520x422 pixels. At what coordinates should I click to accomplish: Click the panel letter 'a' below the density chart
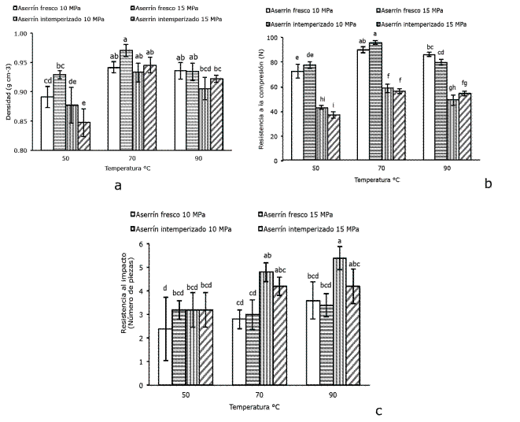tap(117, 187)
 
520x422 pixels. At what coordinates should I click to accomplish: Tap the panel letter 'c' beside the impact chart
tap(379, 410)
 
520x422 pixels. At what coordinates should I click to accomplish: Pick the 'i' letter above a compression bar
tap(334, 105)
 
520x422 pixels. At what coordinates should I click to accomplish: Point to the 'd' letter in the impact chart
tap(165, 288)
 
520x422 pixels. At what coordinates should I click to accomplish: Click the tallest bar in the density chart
tap(126, 99)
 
